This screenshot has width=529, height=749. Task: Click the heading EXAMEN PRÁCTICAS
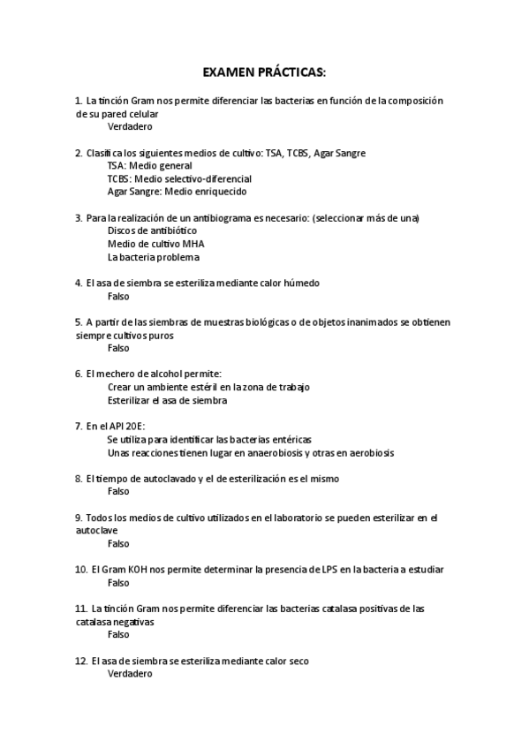tap(264, 70)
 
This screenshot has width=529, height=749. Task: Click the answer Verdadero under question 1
tap(129, 126)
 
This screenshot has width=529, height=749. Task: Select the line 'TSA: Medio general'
tap(149, 165)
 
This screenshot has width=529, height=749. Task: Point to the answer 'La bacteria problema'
tap(153, 257)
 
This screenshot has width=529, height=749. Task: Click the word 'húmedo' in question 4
tap(300, 284)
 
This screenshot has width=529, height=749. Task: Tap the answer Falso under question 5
tap(117, 348)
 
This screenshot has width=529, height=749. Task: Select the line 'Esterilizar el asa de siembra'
tap(167, 400)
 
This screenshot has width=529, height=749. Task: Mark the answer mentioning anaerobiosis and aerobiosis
tap(250, 452)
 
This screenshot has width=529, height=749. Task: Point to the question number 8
tap(79, 478)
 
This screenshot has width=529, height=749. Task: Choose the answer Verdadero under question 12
tap(129, 674)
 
